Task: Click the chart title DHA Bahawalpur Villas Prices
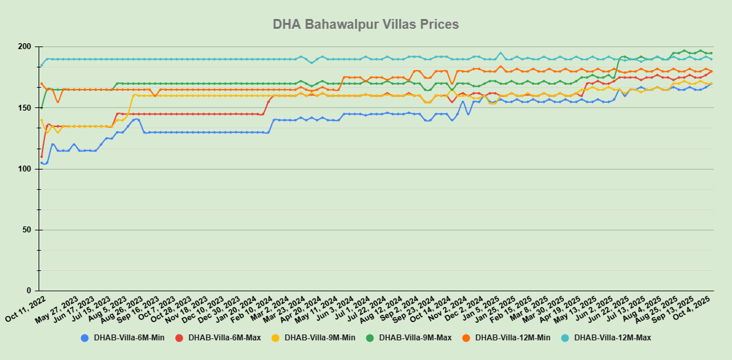[x=366, y=24]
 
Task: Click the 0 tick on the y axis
[x=29, y=291]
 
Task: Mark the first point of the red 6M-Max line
[x=41, y=156]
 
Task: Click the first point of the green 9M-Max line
[x=41, y=108]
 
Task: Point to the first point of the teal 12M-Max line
[x=41, y=65]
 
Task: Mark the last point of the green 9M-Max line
[x=711, y=53]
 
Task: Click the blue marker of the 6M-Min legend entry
[x=84, y=338]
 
